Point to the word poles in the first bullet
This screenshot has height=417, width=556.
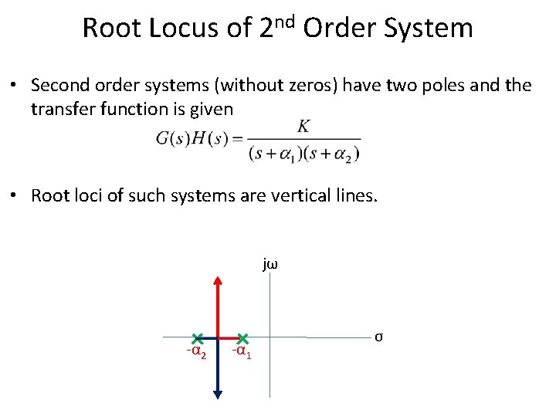click(x=441, y=85)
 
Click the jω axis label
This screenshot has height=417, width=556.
click(x=270, y=265)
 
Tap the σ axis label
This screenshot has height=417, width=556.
click(x=378, y=337)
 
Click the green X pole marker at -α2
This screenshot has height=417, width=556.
click(x=198, y=338)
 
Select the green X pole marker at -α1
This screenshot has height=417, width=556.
click(x=242, y=338)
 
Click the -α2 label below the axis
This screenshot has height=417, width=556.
click(x=195, y=353)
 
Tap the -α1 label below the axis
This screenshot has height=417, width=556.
click(x=241, y=353)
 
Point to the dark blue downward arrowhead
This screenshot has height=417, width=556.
click(x=218, y=393)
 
